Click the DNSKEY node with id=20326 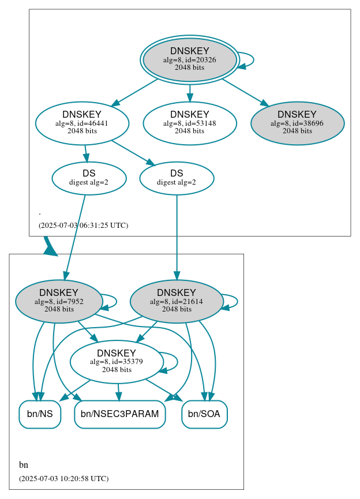(190, 60)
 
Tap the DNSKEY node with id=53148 (190, 123)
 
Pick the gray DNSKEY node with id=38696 (297, 123)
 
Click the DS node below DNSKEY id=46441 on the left (89, 178)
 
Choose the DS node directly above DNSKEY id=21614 (177, 178)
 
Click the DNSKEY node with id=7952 (59, 301)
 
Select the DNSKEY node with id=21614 (177, 301)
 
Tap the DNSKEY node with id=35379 (117, 362)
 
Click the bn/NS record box (40, 414)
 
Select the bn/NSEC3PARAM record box (120, 414)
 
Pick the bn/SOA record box (205, 414)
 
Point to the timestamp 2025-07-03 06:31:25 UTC (83, 226)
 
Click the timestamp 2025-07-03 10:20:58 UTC (63, 479)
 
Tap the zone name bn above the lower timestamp (24, 465)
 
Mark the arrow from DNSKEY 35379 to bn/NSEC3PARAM (118, 392)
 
